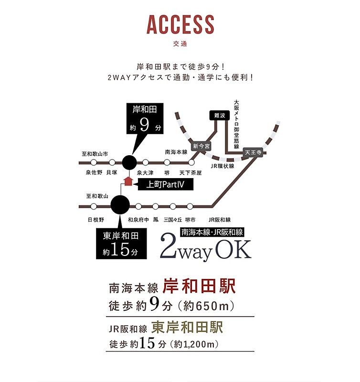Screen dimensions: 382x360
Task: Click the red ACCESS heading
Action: coord(180,25)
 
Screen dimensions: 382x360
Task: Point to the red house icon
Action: coord(127,180)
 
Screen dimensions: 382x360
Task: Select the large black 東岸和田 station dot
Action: coord(119,206)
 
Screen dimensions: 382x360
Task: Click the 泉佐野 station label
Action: coord(94,172)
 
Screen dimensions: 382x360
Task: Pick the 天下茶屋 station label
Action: coord(191,172)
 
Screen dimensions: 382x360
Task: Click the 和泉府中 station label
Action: coord(138,220)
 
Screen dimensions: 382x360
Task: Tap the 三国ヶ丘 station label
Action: coord(172,220)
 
